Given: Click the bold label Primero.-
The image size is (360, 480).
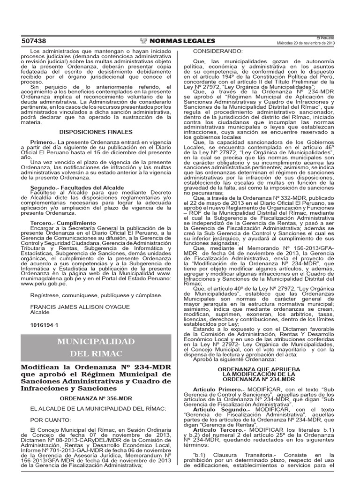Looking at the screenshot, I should click(43, 142).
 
